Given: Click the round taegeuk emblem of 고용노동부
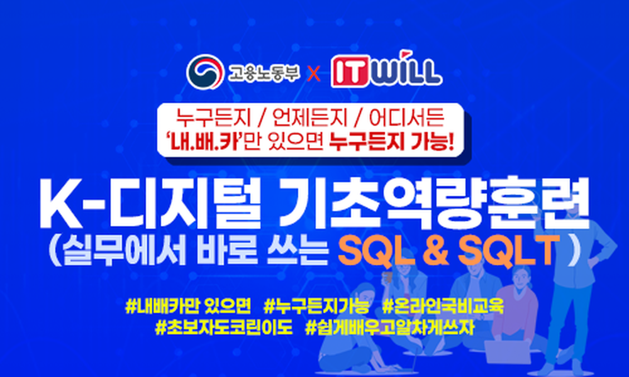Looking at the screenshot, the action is coord(205,72).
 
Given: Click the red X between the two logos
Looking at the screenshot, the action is coord(314,74).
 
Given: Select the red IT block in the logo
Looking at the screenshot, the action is coord(350,73).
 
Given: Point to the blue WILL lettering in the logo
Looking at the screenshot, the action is coord(405,73).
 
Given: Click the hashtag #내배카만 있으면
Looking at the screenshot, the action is coord(188,307).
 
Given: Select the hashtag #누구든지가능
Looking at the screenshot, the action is coord(317,307).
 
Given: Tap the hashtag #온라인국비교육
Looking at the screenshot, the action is coord(443,307).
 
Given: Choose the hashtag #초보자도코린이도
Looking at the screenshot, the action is coord(224,328).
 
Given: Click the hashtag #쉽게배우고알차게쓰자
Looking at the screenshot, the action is coord(390,328).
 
